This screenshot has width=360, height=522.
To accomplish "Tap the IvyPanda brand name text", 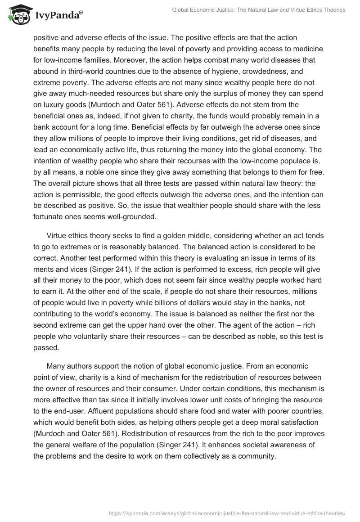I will click(57, 16).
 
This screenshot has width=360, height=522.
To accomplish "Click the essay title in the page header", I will click(259, 10).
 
